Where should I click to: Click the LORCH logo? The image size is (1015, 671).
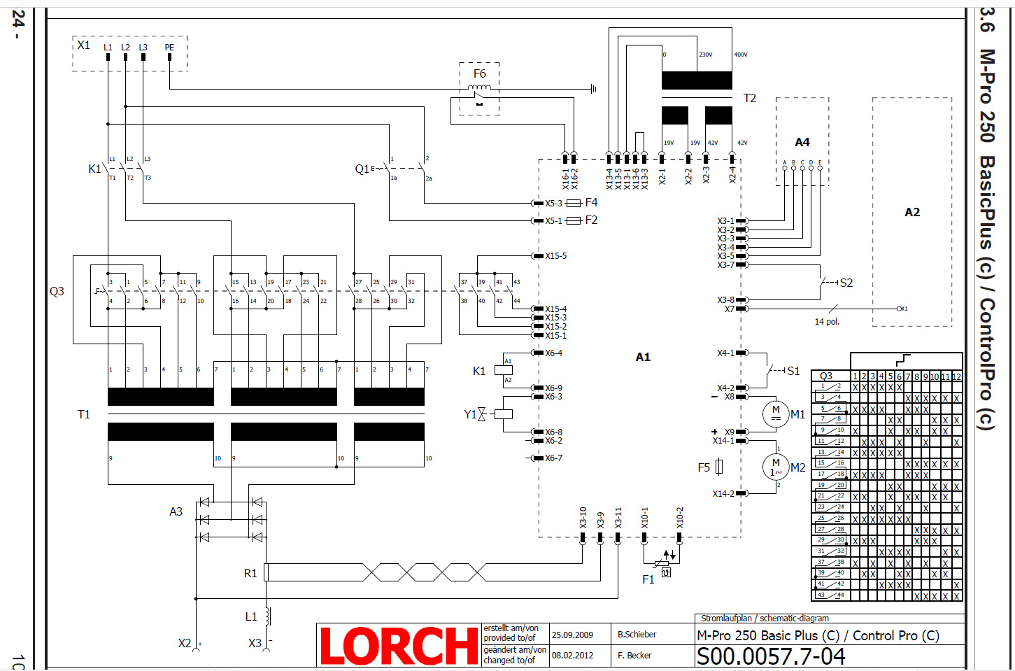coord(399,645)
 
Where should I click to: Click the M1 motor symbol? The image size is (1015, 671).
coord(775,414)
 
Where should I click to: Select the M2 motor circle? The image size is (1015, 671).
coord(775,467)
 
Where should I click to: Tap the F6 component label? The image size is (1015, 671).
coord(479,73)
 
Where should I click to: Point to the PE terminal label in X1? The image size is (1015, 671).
coord(169,48)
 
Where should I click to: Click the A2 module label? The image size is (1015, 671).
coord(912,212)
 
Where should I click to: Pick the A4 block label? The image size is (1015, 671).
coord(802,142)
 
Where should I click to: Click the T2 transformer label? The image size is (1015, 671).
coord(749,98)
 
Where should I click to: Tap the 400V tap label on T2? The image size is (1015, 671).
coord(741,55)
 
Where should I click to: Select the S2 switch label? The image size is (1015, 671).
coord(846,283)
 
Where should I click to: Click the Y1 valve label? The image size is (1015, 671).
coord(470,414)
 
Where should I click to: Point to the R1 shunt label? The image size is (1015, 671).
coord(250,573)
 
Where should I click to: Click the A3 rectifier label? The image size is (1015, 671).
coord(176,511)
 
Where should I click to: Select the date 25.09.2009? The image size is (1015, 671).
coord(572,635)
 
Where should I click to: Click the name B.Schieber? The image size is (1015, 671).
coord(637,635)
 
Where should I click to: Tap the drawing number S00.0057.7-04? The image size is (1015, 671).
coord(771,657)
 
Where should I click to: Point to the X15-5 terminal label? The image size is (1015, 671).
coord(556,256)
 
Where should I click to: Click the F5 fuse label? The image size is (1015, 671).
coord(704,467)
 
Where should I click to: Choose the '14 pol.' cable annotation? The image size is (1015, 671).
coord(827,322)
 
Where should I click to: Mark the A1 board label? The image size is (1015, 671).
coord(643,357)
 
